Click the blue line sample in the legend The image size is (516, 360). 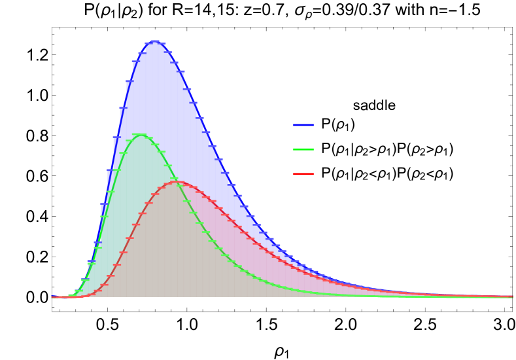[x=303, y=125]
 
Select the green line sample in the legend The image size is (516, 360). [x=303, y=149]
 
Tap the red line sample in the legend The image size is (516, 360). [x=303, y=173]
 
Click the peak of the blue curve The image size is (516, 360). [x=155, y=41]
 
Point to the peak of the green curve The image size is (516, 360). [x=139, y=135]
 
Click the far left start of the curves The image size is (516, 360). [x=52, y=297]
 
